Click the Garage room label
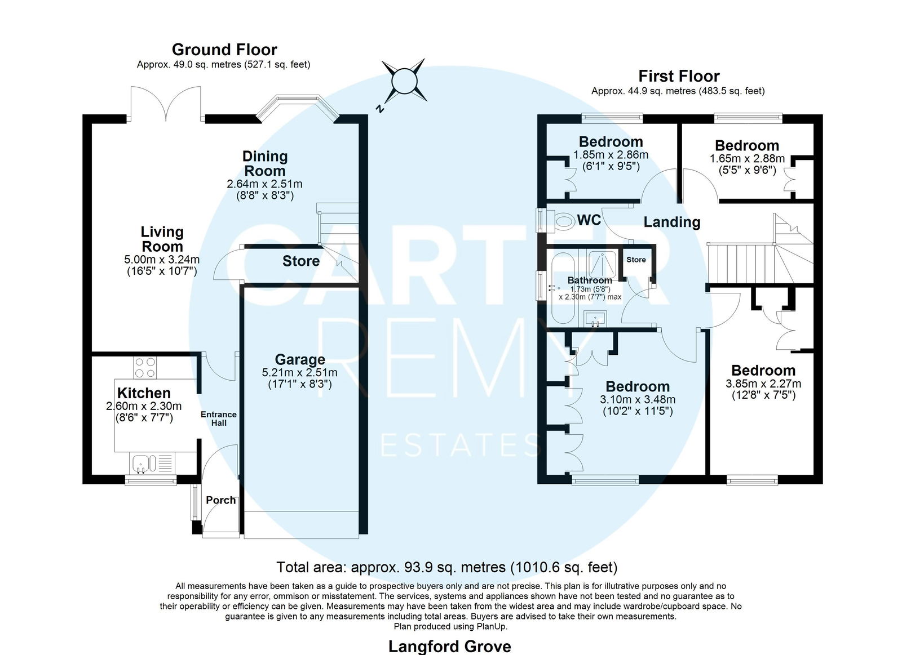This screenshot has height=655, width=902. tap(300, 359)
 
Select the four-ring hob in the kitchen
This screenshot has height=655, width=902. tap(145, 368)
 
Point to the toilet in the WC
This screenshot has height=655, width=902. tap(564, 221)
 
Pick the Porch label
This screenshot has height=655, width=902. tap(220, 500)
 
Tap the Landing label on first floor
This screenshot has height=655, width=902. tap(671, 222)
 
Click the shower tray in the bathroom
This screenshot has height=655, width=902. tap(602, 265)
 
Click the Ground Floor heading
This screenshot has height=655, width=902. tap(224, 50)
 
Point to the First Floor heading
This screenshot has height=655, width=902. tap(679, 76)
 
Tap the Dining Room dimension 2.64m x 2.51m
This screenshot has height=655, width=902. tap(264, 184)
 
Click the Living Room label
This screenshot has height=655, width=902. tap(162, 239)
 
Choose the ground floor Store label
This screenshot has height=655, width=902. tap(301, 261)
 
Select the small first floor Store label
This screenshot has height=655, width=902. tap(636, 260)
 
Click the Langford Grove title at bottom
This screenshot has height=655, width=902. tap(449, 647)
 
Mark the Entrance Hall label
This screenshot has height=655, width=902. tap(219, 418)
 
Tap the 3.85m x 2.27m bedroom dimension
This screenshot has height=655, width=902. tap(763, 384)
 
